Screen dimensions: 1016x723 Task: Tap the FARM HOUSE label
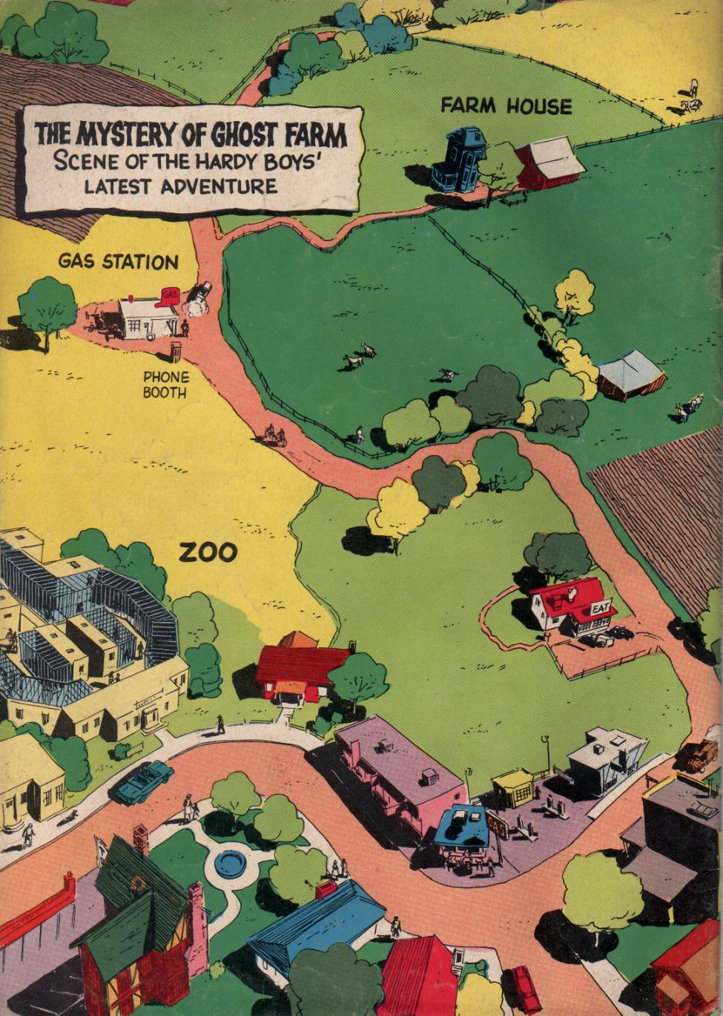pos(506,106)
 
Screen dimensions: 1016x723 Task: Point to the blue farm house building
pos(457,157)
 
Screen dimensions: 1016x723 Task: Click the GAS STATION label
pos(119,262)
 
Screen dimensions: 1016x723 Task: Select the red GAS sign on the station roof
pos(168,294)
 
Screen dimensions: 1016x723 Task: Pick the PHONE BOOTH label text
pos(165,384)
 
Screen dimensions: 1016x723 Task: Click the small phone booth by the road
pos(176,351)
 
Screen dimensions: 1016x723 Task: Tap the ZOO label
pos(210,553)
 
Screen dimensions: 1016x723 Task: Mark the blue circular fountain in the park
pos(231,864)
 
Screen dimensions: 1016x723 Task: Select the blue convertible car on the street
pos(144,781)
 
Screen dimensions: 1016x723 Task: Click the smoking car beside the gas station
pos(198,295)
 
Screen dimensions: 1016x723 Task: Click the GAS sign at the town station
pos(495,825)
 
